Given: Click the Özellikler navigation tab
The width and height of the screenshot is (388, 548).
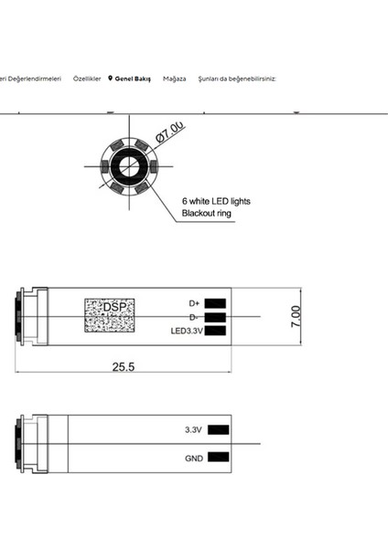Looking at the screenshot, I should coord(87,79).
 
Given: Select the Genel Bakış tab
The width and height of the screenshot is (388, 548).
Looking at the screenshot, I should coord(133,79).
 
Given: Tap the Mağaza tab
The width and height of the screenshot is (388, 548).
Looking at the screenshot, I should coord(174,79).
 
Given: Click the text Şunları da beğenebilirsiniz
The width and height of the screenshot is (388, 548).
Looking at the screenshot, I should coord(231,79).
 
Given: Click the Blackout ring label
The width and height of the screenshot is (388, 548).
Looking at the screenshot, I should coord(207,213).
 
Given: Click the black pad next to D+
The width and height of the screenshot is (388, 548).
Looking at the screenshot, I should coord(216,302).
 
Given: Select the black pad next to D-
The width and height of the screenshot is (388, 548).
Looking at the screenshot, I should coord(216,317).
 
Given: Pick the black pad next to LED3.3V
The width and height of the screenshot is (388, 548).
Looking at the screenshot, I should coord(216,331).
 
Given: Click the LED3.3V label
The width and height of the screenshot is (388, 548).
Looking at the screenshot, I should coord(186,331).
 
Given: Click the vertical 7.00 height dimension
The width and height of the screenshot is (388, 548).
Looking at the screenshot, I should coord(295,316).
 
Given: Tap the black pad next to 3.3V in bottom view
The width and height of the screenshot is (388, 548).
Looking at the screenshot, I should coord(218,429).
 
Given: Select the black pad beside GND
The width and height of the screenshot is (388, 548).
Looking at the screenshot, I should coord(218,457).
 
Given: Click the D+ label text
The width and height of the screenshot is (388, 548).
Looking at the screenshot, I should coord(194,302).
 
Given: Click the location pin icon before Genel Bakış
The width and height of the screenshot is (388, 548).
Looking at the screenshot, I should coord(110,79).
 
